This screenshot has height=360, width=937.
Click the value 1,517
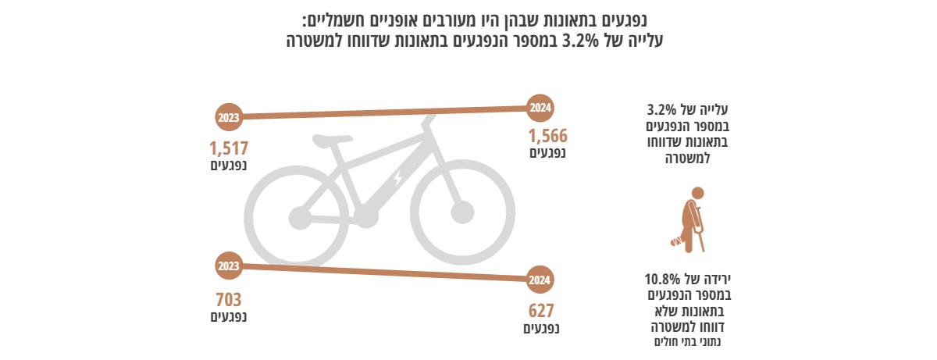pyautogui.click(x=228, y=148)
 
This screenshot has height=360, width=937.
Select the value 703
pyautogui.click(x=228, y=299)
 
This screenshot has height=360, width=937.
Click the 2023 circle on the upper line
pyautogui.click(x=229, y=117)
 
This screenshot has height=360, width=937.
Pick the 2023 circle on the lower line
pyautogui.click(x=229, y=266)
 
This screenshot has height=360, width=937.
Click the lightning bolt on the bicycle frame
pyautogui.click(x=397, y=178)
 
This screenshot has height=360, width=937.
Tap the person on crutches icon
pyautogui.click(x=690, y=219)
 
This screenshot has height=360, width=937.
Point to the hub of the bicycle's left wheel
pyautogui.click(x=297, y=214)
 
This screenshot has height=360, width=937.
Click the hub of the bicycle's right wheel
pyautogui.click(x=462, y=212)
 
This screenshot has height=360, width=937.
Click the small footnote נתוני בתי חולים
pyautogui.click(x=689, y=342)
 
